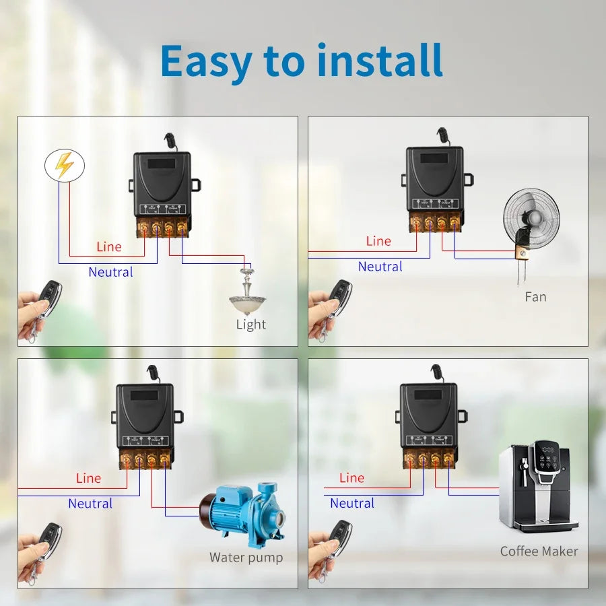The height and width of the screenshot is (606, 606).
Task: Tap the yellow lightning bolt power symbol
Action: (x=65, y=166)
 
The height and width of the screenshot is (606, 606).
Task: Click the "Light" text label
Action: (x=251, y=325)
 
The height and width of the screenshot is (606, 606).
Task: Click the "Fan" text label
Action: (x=535, y=297)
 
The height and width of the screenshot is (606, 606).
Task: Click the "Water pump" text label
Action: (x=246, y=558)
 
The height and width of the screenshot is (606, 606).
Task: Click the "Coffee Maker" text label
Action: (x=539, y=551)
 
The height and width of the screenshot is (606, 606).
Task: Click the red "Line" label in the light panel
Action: (x=109, y=246)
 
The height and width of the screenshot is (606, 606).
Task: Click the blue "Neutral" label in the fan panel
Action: (x=380, y=267)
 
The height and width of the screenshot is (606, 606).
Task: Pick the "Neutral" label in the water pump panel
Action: (x=90, y=504)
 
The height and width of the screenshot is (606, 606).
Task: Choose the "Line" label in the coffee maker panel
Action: (x=351, y=478)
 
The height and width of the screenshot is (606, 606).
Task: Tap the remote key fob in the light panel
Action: (x=48, y=298)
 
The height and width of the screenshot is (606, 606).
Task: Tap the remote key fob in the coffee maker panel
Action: (x=339, y=539)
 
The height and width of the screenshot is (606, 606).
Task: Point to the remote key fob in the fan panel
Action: (x=339, y=298)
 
